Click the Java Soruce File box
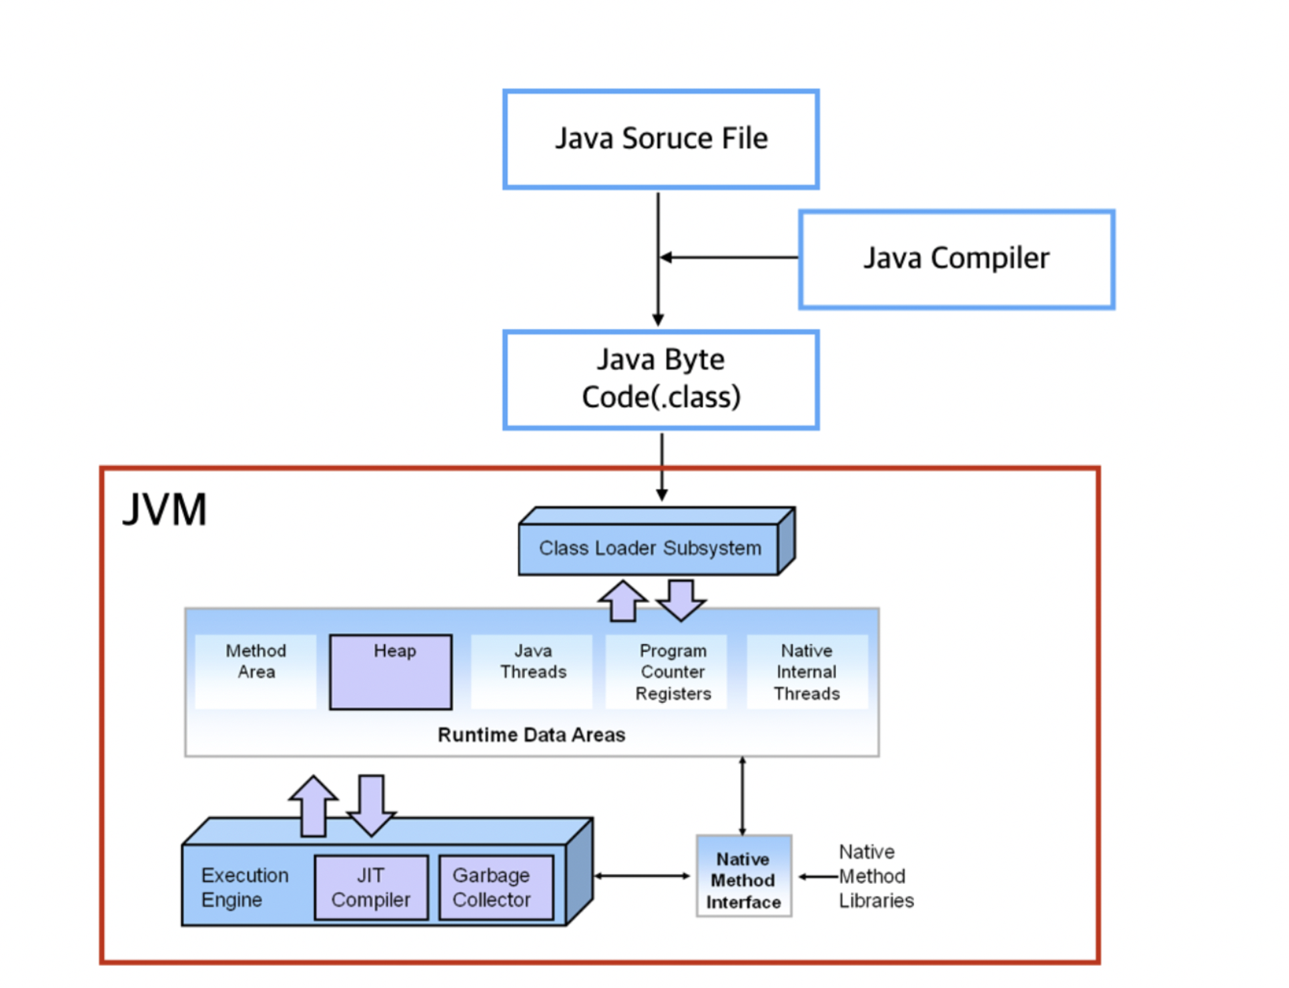pyautogui.click(x=661, y=139)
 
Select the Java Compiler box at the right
pyautogui.click(x=956, y=259)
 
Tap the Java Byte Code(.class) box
pyautogui.click(x=661, y=379)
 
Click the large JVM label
pyautogui.click(x=165, y=510)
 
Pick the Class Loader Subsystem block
pyautogui.click(x=649, y=549)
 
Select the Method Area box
pyautogui.click(x=256, y=670)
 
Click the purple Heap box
pyautogui.click(x=391, y=672)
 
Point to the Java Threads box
pyautogui.click(x=532, y=670)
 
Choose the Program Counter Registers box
pyautogui.click(x=673, y=672)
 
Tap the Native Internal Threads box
pyautogui.click(x=807, y=672)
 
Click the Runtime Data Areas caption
pyautogui.click(x=531, y=735)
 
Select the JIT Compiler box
pyautogui.click(x=371, y=887)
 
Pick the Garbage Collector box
pyautogui.click(x=496, y=887)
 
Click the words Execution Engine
pyautogui.click(x=244, y=887)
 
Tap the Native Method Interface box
pyautogui.click(x=743, y=880)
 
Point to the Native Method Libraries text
pyautogui.click(x=875, y=876)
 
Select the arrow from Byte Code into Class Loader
pyautogui.click(x=662, y=467)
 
